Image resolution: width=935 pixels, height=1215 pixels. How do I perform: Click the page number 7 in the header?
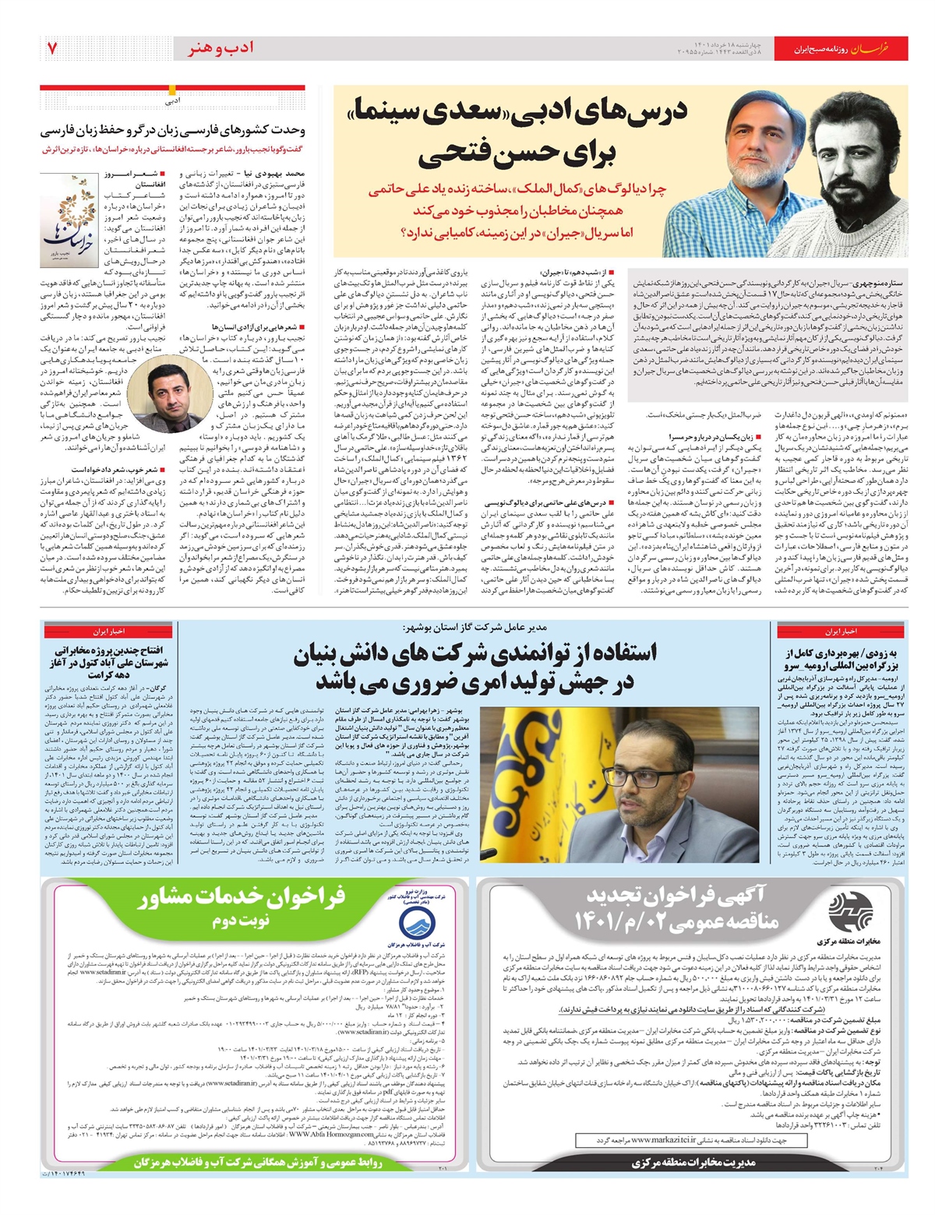pyautogui.click(x=52, y=48)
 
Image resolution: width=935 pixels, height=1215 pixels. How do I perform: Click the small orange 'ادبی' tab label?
pyautogui.click(x=173, y=100)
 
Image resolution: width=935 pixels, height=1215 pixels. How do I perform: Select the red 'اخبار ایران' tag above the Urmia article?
pyautogui.click(x=841, y=630)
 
